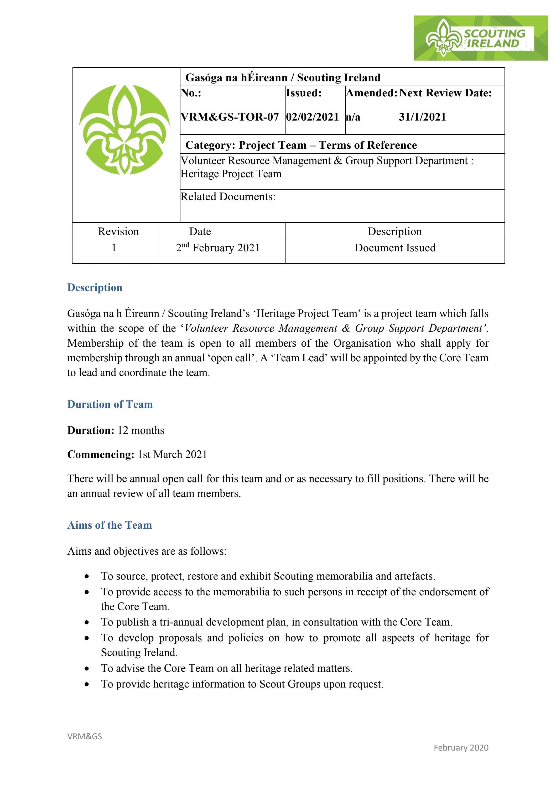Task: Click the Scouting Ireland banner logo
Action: (x=480, y=38)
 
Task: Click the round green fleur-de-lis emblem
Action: (x=124, y=129)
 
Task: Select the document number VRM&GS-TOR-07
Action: (x=230, y=117)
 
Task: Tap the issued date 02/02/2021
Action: (x=312, y=117)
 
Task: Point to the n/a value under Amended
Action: (x=353, y=117)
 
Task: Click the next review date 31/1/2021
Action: (x=423, y=117)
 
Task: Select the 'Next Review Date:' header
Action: (x=445, y=93)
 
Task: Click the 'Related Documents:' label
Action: (x=228, y=197)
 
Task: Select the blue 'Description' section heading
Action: (x=95, y=287)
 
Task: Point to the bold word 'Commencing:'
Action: (x=101, y=454)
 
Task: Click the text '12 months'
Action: (x=141, y=430)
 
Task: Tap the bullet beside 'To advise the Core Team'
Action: (x=88, y=669)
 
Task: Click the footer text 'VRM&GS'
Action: (x=85, y=736)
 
